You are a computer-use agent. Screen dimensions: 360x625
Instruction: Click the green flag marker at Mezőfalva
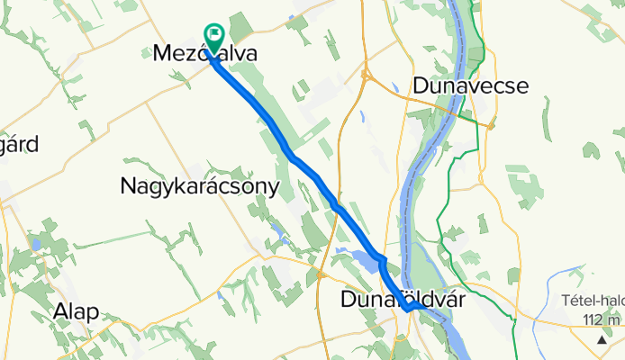pos(216,37)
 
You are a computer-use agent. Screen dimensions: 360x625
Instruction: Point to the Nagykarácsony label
pos(199,186)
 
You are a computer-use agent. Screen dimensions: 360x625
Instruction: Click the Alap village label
pos(76,311)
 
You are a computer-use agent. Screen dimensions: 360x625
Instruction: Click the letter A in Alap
pos(60,311)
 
